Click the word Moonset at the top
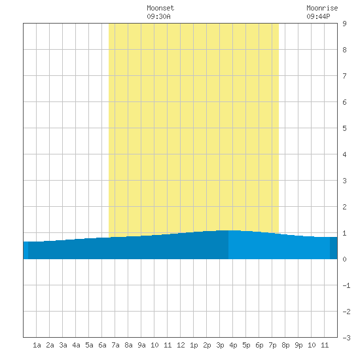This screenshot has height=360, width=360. coord(160,8)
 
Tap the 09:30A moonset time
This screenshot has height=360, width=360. coord(158,16)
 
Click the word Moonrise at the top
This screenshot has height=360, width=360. coord(322,8)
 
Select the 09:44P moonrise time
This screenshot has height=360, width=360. coord(319,16)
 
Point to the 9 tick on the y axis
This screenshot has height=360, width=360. coord(344,24)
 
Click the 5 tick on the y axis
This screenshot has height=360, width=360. coord(344,128)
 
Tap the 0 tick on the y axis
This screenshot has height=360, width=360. coord(344,259)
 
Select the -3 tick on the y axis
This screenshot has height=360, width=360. coord(346,338)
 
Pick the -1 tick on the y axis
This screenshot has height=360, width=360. coord(346,285)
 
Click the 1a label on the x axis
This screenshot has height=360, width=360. coord(37,345)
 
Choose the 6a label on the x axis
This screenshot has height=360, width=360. coord(102,345)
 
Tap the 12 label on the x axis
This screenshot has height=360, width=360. coord(181,345)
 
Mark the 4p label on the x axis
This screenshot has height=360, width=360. coord(233,345)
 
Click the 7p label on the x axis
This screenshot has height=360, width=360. coord(272,345)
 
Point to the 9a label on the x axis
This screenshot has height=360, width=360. coord(141,345)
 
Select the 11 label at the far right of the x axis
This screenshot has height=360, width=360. coord(325,345)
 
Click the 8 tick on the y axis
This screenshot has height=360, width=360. coord(344,50)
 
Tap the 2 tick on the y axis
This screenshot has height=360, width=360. coord(344,207)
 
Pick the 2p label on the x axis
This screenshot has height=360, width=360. coord(207,345)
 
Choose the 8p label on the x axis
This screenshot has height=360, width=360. coord(285,345)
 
